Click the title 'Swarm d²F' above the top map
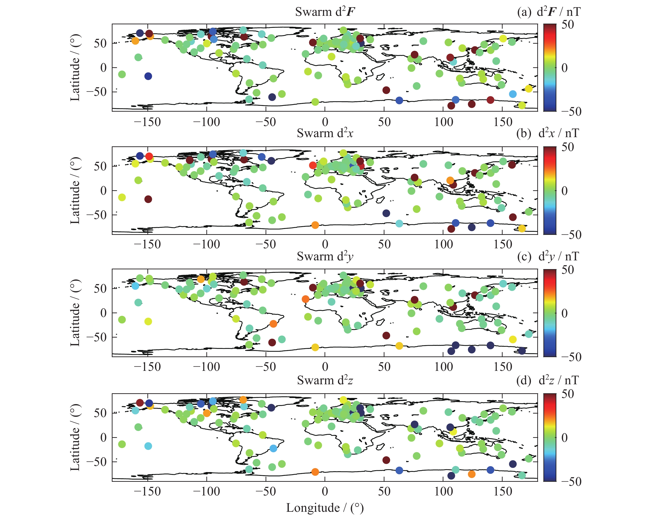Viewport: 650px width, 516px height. click(x=325, y=12)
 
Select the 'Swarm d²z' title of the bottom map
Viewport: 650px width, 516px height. click(x=325, y=381)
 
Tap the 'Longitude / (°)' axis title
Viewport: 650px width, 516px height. click(x=325, y=508)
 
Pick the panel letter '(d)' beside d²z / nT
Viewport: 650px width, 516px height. click(x=524, y=381)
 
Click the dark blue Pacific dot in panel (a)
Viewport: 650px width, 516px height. click(x=148, y=76)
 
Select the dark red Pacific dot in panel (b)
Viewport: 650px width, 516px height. click(x=148, y=199)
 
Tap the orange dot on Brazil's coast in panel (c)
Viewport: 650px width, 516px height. click(x=273, y=324)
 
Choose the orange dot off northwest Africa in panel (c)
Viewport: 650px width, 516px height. click(x=305, y=299)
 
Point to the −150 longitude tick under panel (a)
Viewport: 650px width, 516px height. click(x=147, y=122)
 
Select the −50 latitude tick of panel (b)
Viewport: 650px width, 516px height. click(x=96, y=215)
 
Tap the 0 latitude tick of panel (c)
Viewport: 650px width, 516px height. click(x=103, y=313)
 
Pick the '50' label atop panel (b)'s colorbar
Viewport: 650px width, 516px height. click(x=567, y=147)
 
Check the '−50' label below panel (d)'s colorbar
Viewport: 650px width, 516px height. click(x=571, y=482)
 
